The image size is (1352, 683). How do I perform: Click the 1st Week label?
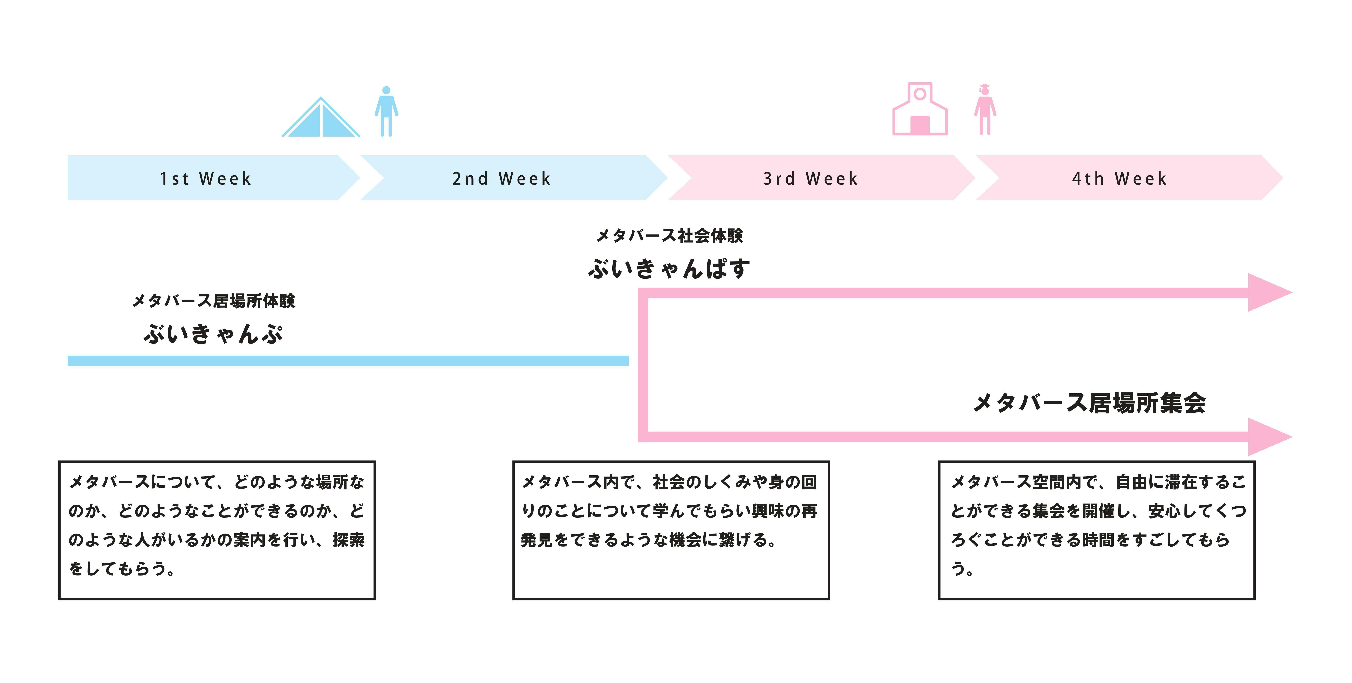206,179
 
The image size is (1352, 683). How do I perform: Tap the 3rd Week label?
810,179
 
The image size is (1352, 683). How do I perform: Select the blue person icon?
386,111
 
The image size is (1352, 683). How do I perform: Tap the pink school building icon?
920,109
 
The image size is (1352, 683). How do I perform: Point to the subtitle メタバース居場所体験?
213,301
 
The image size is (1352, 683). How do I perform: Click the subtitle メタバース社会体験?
670,236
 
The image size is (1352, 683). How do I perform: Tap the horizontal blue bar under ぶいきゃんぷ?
348,361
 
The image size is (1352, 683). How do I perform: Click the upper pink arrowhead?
1268,292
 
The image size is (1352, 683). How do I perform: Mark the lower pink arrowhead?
1268,437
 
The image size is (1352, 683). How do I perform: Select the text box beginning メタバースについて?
217,530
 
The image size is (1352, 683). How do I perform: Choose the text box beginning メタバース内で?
671,530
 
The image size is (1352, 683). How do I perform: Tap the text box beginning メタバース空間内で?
1096,530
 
